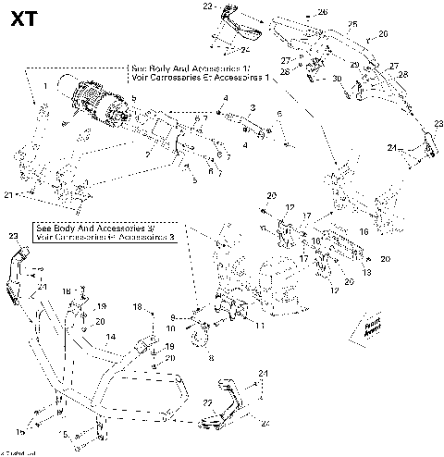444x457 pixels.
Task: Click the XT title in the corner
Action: point(25,19)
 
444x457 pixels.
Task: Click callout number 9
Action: point(173,316)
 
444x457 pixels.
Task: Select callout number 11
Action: point(260,326)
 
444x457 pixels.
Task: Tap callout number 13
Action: point(365,274)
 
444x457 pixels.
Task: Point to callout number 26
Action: point(323,12)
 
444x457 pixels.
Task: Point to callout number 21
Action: point(8,195)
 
